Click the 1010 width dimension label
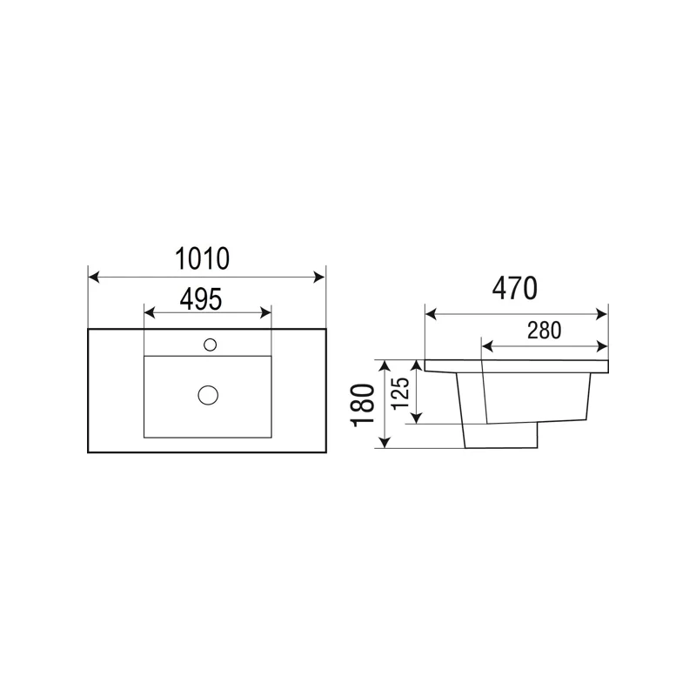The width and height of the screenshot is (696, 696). coord(203,258)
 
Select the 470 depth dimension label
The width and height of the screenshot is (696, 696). coord(515,288)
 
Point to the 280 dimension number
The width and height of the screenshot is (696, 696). coord(545,331)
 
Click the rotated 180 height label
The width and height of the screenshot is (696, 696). coord(363,405)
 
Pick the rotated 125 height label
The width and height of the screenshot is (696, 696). coord(400,393)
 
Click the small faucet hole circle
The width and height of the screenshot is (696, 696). coord(210,345)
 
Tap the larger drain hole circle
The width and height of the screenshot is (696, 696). coord(208,395)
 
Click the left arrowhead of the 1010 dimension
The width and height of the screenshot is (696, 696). coord(94,278)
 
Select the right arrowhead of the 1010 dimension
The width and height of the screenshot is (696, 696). coord(319,278)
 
